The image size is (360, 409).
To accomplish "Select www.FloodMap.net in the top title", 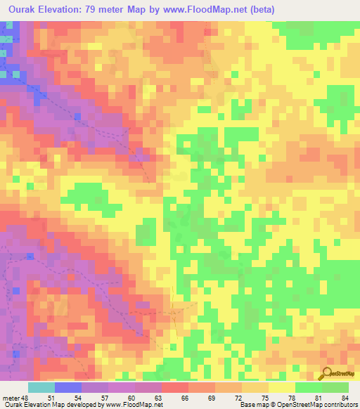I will (200, 10).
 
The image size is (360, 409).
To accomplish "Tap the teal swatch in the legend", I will (41, 387).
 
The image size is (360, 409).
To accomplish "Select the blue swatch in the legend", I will (68, 387).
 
